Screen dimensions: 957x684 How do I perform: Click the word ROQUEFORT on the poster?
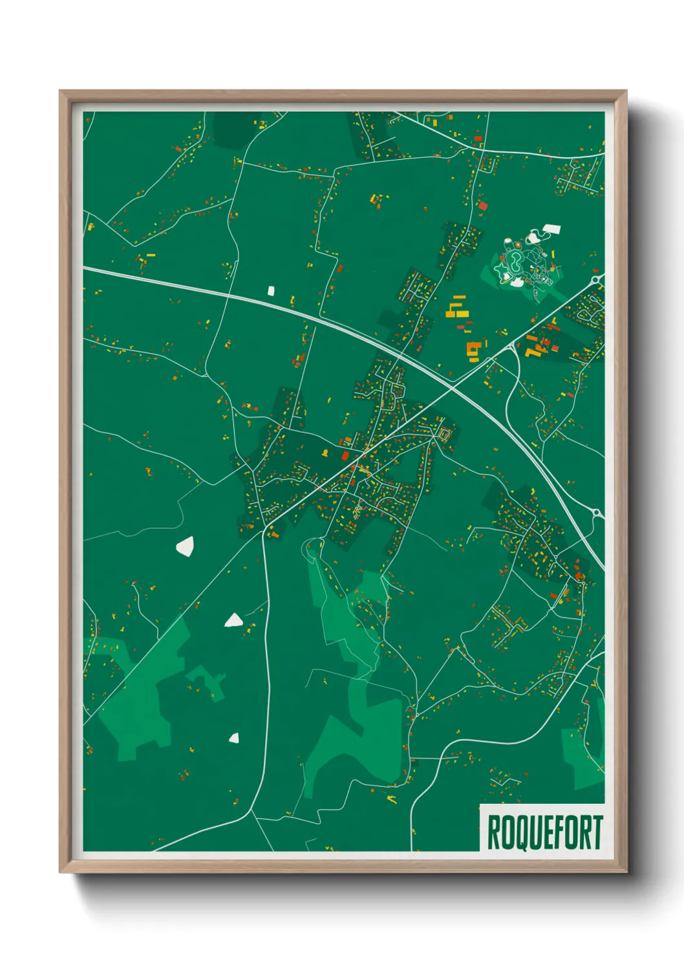544,832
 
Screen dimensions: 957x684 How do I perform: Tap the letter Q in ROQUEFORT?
517,833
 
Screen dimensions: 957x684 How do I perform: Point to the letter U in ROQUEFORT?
531,833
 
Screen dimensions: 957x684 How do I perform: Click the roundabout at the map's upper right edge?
598,280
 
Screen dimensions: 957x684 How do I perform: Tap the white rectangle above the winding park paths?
551,229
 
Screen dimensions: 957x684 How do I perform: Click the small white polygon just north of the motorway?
271,290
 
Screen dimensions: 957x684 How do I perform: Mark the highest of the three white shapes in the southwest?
185,546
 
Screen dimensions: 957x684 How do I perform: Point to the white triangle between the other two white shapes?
233,621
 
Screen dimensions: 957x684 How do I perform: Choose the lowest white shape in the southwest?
234,738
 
